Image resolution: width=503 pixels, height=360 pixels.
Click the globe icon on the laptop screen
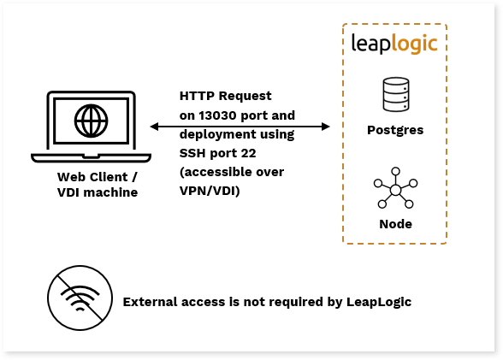[x=91, y=121]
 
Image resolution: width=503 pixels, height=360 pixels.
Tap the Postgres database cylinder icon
[x=396, y=94]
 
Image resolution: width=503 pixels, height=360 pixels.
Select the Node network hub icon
[x=395, y=188]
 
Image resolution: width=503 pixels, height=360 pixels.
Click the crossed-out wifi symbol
[x=80, y=298]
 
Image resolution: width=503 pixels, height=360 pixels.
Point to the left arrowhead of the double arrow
[x=154, y=127]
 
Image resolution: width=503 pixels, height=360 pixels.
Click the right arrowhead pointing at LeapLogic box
[x=326, y=127]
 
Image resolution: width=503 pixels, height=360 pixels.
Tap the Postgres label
[x=395, y=130]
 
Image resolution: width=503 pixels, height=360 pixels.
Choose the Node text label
[x=395, y=224]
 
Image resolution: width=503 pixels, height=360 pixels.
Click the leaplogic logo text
[x=394, y=44]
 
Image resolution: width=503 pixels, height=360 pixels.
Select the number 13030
[x=217, y=115]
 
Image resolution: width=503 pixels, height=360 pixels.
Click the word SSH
[x=192, y=153]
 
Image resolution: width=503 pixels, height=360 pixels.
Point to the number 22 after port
[x=248, y=153]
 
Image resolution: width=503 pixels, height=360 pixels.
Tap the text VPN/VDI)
[x=210, y=191]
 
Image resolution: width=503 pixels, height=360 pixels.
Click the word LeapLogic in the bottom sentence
[x=379, y=303]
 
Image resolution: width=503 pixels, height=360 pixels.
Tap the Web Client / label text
[x=98, y=177]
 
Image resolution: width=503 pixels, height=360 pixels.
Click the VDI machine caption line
[x=98, y=192]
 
